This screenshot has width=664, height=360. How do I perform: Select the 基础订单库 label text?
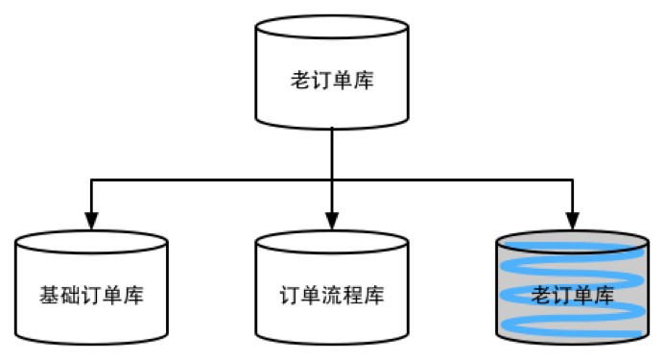92,295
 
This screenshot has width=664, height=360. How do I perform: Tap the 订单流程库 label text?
332,295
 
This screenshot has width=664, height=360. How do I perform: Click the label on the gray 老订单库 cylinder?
572,294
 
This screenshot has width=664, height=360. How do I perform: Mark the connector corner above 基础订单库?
92,179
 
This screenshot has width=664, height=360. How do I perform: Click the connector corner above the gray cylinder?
572,179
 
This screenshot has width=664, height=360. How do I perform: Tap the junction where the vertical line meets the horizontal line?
332,179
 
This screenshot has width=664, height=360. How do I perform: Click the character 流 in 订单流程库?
332,295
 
